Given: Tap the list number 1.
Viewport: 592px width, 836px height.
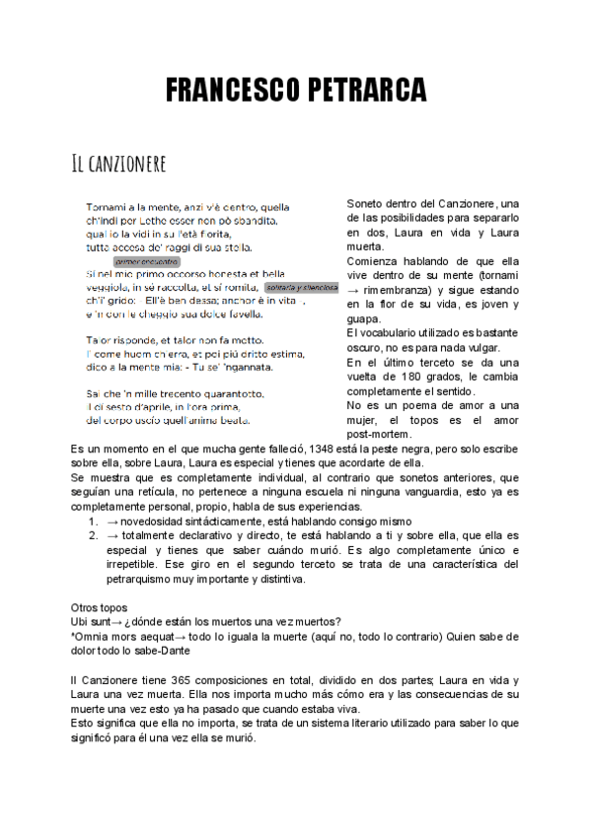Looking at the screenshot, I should coord(92,521).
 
